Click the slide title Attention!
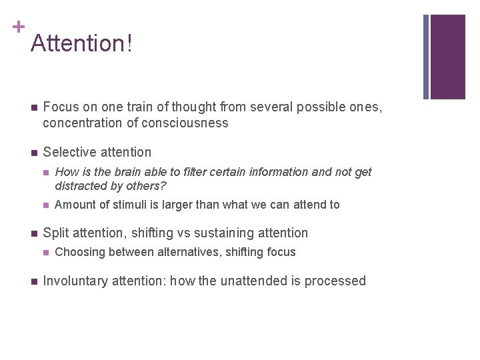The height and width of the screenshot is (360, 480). click(81, 43)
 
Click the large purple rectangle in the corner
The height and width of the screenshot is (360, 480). click(447, 57)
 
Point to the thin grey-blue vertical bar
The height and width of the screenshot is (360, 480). click(426, 57)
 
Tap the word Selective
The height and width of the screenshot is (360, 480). click(68, 152)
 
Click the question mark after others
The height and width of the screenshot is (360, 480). click(163, 185)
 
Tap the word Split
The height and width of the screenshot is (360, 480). click(55, 233)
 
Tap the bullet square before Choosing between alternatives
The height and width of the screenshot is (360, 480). click(45, 253)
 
